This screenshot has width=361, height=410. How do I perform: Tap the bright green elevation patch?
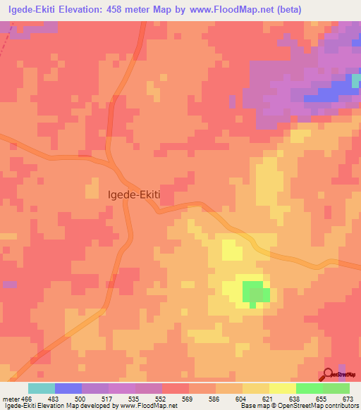256,291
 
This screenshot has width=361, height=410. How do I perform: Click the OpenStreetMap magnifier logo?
330,374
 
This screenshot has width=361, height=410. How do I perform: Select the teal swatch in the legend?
42,389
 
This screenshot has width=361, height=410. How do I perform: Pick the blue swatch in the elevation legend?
68,389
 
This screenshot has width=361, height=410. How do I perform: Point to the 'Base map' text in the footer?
254,406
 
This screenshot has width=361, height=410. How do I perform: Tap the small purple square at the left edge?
8,285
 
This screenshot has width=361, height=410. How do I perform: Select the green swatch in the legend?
310,389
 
